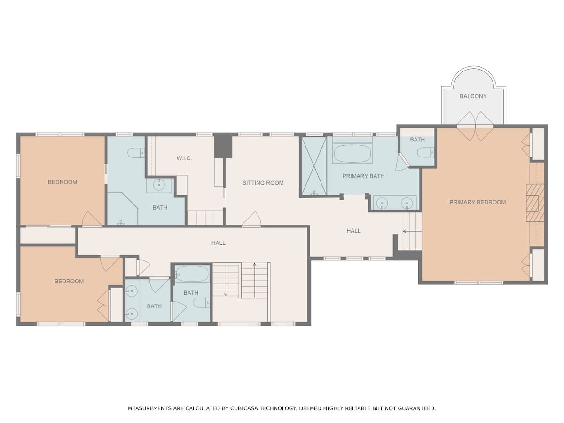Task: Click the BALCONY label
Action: (473, 96)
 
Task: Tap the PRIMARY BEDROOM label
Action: (478, 202)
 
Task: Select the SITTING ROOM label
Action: (263, 183)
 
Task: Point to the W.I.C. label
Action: (184, 158)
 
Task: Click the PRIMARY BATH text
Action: (363, 176)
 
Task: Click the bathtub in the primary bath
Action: (352, 154)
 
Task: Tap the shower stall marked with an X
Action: (314, 166)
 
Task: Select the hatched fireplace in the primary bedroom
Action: (535, 203)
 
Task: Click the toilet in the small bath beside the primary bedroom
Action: (425, 152)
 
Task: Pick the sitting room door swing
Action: (251, 219)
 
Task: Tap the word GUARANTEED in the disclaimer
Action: (416, 408)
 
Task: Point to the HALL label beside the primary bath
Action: (353, 231)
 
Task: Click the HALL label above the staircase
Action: (219, 243)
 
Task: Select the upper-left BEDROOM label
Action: (63, 182)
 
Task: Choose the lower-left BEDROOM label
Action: (69, 282)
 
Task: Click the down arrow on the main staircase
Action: (226, 281)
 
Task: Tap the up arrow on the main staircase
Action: (255, 280)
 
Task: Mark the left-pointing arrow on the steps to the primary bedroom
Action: (412, 231)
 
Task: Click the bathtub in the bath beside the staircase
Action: (192, 274)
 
